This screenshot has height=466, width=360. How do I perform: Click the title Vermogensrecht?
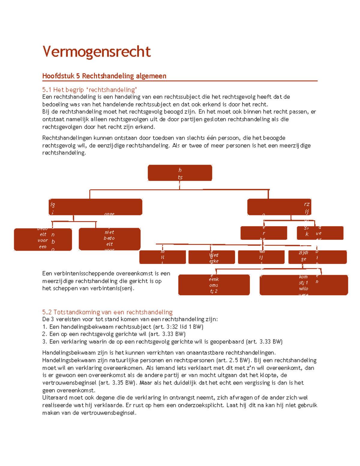click(x=96, y=52)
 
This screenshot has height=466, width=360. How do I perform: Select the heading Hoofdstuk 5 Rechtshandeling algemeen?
click(x=104, y=76)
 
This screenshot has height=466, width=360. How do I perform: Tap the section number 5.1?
click(x=47, y=90)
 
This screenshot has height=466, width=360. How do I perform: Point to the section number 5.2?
click(x=47, y=312)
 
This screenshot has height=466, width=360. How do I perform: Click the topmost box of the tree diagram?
click(x=180, y=173)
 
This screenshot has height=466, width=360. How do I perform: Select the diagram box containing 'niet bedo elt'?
click(x=109, y=239)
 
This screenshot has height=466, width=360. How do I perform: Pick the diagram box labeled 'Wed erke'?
click(x=211, y=257)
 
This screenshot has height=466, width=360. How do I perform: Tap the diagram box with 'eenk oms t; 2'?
click(x=214, y=285)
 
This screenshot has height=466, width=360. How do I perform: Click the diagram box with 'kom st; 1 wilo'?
click(x=304, y=285)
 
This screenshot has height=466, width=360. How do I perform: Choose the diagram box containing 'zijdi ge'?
click(x=317, y=257)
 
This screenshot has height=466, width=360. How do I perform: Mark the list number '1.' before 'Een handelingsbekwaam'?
click(x=45, y=327)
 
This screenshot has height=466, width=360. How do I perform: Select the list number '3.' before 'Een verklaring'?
click(x=45, y=341)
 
